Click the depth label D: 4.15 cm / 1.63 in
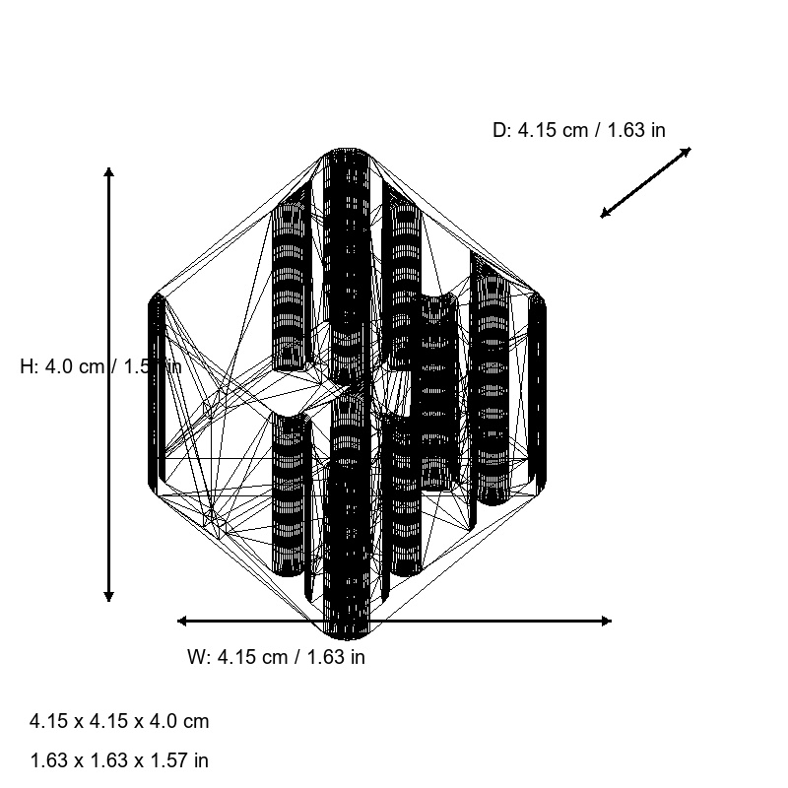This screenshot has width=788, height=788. (578, 130)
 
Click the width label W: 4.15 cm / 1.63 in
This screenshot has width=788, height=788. (276, 657)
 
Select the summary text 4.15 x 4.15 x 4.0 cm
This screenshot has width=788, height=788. (119, 721)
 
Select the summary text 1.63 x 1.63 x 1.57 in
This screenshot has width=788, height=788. (119, 760)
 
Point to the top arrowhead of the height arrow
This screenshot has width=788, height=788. (108, 171)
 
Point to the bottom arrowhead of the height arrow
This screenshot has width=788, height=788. (108, 597)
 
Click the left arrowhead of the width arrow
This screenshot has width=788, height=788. (181, 621)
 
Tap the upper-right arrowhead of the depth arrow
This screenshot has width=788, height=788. (688, 151)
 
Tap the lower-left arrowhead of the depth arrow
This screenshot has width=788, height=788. (604, 214)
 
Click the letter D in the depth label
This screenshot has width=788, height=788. (499, 130)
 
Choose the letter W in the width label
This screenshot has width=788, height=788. (195, 657)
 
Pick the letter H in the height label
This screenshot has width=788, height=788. (27, 366)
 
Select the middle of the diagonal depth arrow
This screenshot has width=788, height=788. (646, 182)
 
